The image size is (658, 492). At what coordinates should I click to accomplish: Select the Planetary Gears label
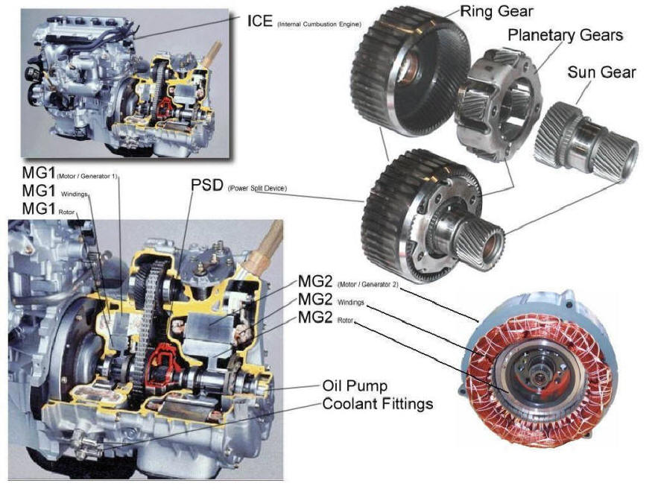tap(565, 35)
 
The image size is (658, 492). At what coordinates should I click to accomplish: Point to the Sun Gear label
tap(601, 72)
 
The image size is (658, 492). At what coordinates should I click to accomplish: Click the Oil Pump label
tap(355, 386)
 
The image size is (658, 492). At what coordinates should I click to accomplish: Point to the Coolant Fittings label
tap(377, 404)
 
